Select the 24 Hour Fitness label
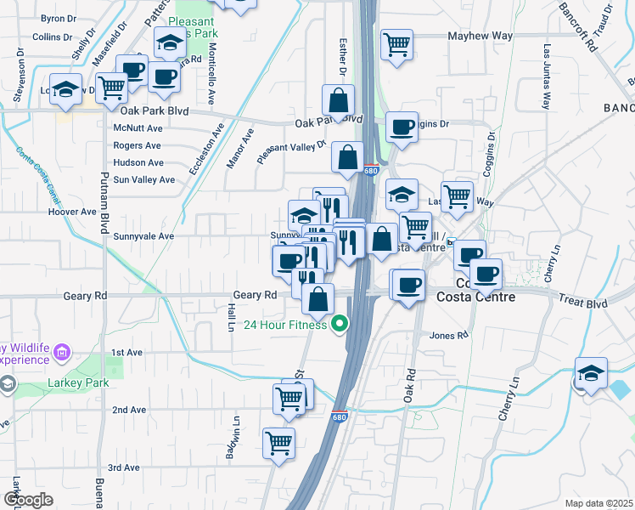(x=285, y=325)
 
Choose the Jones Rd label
(x=449, y=336)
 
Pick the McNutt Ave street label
(x=137, y=128)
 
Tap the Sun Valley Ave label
(x=143, y=180)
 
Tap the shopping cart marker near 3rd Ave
(x=278, y=443)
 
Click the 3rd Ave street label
(x=124, y=467)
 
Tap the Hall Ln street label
(x=231, y=320)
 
